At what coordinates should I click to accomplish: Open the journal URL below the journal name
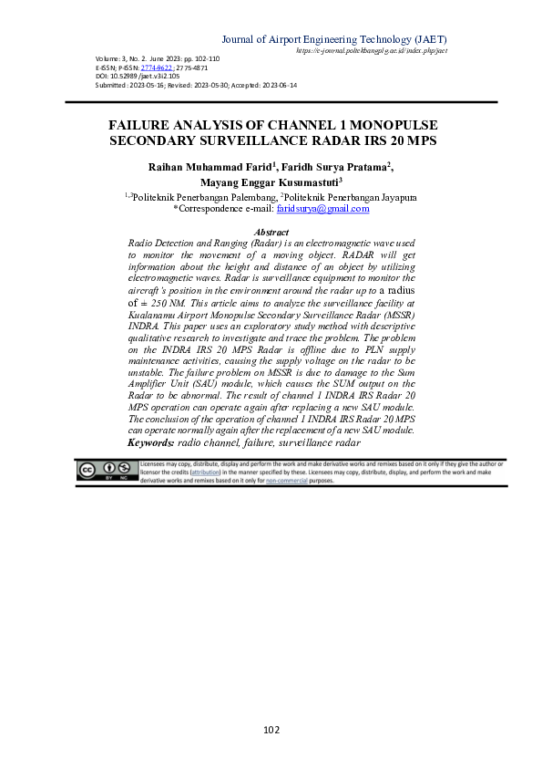pyautogui.click(x=372, y=51)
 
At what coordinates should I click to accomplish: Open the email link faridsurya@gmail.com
pyautogui.click(x=322, y=209)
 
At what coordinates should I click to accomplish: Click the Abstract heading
pyautogui.click(x=271, y=234)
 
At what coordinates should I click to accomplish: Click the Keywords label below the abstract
pyautogui.click(x=151, y=442)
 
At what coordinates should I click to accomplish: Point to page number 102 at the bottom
pyautogui.click(x=271, y=729)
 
